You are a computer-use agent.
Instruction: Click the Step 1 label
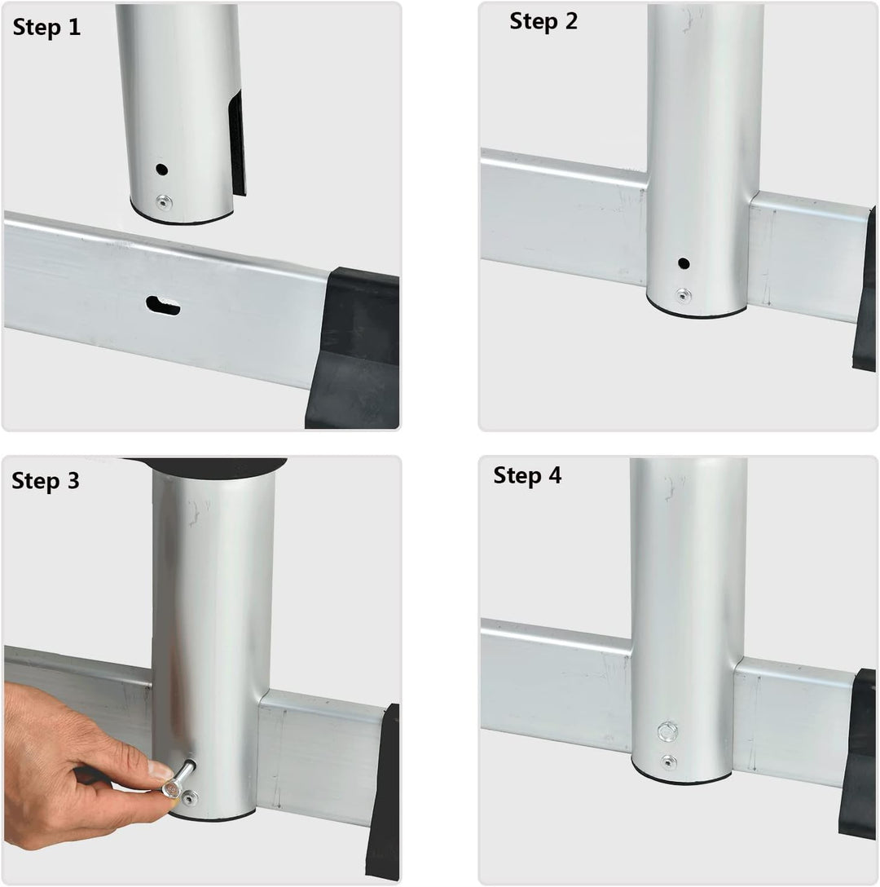pos(46,27)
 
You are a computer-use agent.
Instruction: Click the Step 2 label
pos(543,21)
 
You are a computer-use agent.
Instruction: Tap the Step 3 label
pos(46,480)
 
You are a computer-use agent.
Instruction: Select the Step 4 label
pos(527,475)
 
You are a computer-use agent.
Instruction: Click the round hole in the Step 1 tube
pos(162,169)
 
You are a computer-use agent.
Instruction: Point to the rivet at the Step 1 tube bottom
pos(164,202)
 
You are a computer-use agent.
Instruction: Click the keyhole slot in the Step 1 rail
pos(163,306)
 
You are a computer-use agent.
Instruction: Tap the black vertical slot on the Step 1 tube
pos(237,143)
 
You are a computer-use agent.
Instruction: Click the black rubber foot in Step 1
pos(352,348)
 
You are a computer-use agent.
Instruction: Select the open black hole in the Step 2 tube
pos(684,263)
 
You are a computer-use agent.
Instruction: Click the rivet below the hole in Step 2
pos(683,295)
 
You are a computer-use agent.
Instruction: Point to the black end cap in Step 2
pos(865,289)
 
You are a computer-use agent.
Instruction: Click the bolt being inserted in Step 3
pos(178,779)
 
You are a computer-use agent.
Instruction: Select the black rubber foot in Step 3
pos(384,792)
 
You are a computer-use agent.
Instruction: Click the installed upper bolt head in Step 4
pos(668,732)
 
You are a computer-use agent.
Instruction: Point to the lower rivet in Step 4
pos(668,762)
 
